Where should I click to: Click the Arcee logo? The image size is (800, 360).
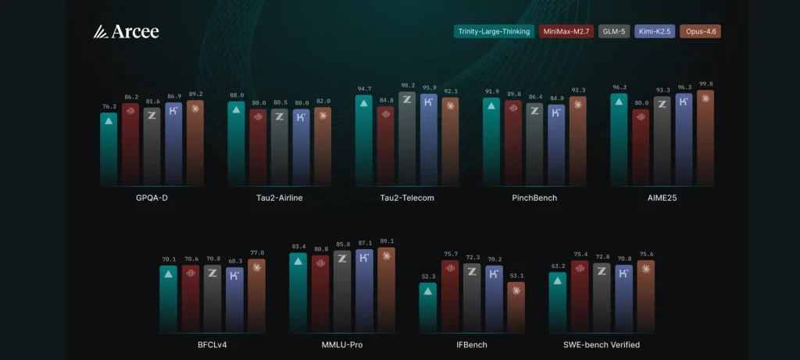click(126, 31)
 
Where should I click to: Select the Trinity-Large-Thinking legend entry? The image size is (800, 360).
click(494, 32)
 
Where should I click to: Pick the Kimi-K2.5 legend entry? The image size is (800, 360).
click(655, 32)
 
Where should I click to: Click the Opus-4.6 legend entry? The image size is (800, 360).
click(701, 32)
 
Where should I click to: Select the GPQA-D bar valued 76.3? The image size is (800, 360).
click(109, 148)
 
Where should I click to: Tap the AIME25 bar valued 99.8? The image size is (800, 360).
click(705, 137)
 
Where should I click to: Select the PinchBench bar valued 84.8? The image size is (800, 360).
click(556, 144)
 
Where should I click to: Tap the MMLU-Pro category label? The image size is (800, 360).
click(342, 344)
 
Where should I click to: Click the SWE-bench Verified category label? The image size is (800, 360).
click(602, 344)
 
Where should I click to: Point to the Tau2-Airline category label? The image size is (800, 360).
click(279, 198)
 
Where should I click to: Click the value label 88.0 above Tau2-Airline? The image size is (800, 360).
click(236, 95)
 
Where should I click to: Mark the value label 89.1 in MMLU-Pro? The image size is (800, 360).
click(386, 241)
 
